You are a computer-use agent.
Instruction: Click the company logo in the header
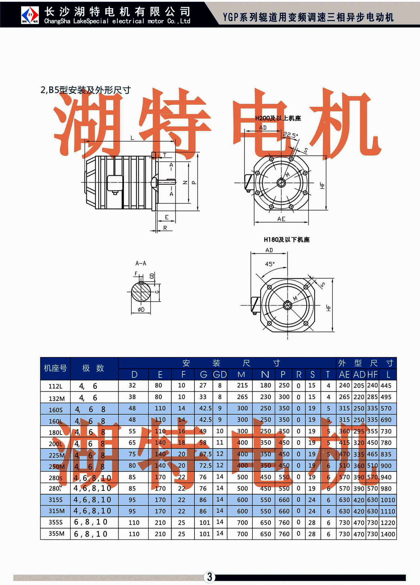tap(30, 15)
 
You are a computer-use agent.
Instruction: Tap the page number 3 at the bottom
tap(210, 577)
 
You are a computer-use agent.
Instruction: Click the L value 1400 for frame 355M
tap(388, 534)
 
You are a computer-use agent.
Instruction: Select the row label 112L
tap(55, 386)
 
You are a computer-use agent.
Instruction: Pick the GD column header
tap(220, 374)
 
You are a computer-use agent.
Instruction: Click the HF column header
tap(372, 374)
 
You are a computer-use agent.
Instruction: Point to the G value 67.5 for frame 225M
tap(205, 454)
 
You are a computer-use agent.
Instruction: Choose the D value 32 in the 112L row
tap(132, 385)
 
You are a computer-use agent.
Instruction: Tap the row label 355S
tap(55, 522)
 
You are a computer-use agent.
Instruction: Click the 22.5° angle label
tap(290, 135)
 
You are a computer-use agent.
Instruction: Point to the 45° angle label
tap(270, 264)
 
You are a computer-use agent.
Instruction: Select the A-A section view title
tap(141, 263)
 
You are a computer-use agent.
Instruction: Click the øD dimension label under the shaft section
tap(141, 310)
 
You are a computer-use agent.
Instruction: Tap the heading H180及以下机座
tap(287, 240)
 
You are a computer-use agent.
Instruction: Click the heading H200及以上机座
tap(278, 118)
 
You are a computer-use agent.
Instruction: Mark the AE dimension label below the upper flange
tap(281, 219)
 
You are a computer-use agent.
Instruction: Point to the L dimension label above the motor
tap(132, 138)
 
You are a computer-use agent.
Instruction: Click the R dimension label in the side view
tap(165, 228)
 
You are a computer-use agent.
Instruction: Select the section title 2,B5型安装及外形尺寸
tap(86, 90)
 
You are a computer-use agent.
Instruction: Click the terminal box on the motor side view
tap(115, 183)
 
